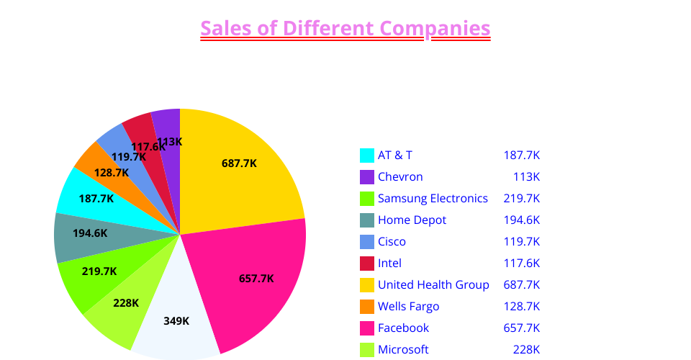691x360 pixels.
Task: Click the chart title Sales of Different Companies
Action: coord(345,29)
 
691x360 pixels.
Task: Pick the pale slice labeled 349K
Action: coord(177,324)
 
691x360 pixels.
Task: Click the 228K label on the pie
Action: coord(126,303)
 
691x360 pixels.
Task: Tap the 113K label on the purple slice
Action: coord(170,142)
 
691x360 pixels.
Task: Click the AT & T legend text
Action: coord(395,155)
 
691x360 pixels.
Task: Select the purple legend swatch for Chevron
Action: coord(367,176)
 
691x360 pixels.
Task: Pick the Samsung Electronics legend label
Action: coord(433,198)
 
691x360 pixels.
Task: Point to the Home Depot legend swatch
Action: coord(367,220)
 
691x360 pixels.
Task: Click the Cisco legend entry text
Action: coord(392,241)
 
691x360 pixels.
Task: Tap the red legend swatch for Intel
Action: coord(367,263)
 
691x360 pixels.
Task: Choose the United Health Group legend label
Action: coord(433,284)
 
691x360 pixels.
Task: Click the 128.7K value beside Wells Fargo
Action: coord(521,306)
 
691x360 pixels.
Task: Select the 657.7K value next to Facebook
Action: coord(521,328)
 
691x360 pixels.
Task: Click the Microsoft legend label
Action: coord(403,349)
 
